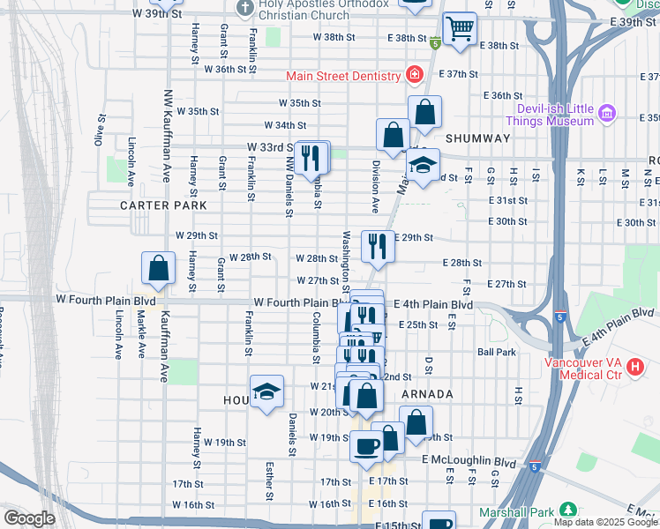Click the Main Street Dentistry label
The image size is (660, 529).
[344, 77]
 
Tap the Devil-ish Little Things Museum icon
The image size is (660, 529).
[606, 113]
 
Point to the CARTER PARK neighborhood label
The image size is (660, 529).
[163, 205]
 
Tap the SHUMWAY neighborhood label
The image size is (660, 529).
[478, 138]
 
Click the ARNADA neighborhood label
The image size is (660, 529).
[427, 393]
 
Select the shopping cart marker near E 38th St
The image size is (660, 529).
[460, 29]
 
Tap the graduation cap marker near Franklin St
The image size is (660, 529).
[266, 391]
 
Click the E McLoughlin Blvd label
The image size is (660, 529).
[468, 461]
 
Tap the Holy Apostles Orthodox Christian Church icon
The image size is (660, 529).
[246, 8]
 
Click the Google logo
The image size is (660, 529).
[29, 518]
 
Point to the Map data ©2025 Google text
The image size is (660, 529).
[604, 522]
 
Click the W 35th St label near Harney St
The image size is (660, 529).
[197, 111]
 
